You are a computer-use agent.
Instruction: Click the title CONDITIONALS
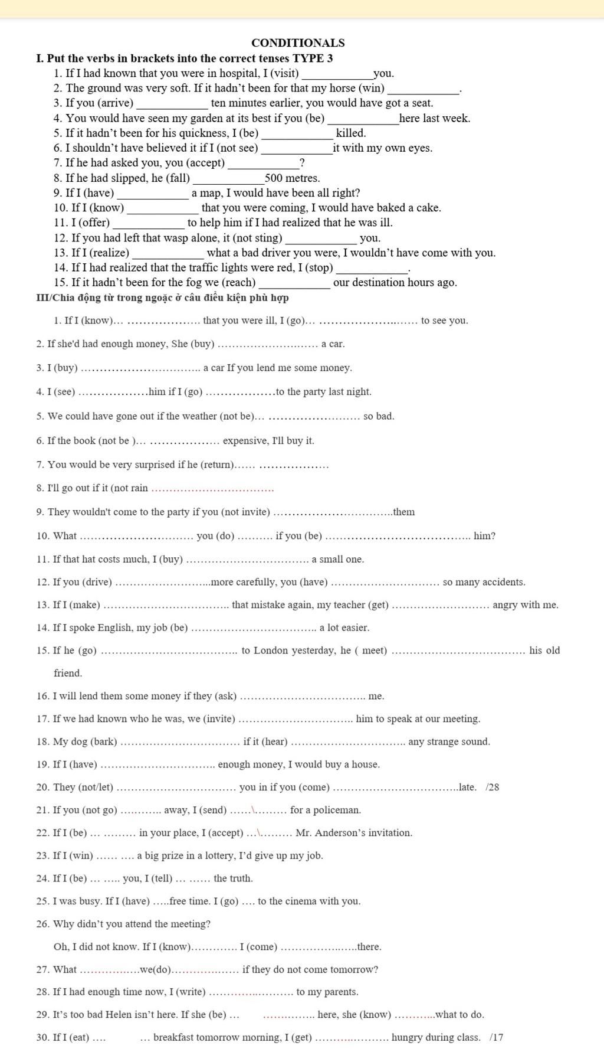point(298,43)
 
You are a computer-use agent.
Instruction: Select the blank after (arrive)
point(172,104)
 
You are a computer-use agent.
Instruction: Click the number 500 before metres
point(274,178)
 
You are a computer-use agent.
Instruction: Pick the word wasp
point(169,239)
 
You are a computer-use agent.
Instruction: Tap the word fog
point(188,283)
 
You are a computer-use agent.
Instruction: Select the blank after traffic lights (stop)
point(372,269)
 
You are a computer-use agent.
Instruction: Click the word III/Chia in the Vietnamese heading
point(55,298)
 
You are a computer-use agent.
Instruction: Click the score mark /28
point(493,788)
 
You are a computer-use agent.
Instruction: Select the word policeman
point(339,811)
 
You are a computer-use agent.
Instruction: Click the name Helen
point(124,1015)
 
